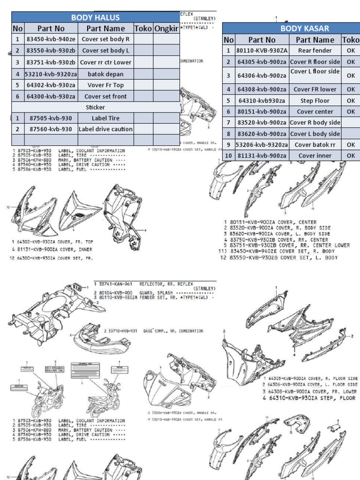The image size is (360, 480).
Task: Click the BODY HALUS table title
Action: coord(95,18)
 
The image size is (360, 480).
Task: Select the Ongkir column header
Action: coord(166,29)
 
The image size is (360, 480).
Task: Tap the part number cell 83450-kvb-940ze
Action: coord(51,40)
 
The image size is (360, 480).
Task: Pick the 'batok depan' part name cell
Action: coord(105,74)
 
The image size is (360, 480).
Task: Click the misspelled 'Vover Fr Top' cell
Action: coord(105,85)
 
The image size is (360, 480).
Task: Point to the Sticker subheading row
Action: coord(95,107)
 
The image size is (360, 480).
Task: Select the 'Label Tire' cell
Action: coord(105,118)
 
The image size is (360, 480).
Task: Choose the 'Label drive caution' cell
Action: coord(105,129)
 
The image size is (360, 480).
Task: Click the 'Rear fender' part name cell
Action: coord(315,51)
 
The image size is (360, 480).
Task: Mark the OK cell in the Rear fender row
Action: coord(351,51)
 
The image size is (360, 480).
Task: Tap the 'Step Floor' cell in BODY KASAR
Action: coord(315,100)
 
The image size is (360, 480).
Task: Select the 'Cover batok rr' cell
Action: coord(315,145)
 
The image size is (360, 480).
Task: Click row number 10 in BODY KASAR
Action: coord(228,156)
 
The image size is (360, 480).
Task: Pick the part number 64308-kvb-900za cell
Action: coord(262,89)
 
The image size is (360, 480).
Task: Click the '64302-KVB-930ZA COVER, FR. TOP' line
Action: coord(52,241)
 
